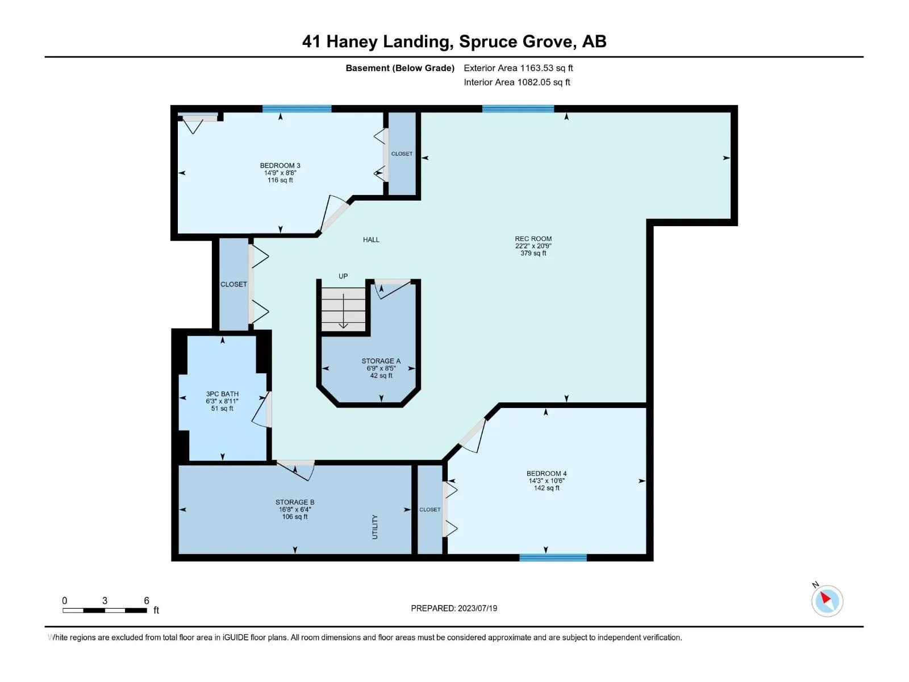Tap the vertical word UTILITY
tap(375, 527)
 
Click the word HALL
tap(371, 240)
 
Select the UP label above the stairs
tap(343, 276)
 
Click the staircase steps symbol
tap(344, 309)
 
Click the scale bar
tap(105, 610)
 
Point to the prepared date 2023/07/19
tap(477, 608)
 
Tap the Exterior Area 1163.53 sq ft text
tap(518, 68)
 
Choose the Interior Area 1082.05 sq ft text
tap(517, 82)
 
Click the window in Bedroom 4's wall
tap(553, 558)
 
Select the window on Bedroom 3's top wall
tap(297, 109)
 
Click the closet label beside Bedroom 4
tap(430, 509)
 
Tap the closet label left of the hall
tap(233, 285)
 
